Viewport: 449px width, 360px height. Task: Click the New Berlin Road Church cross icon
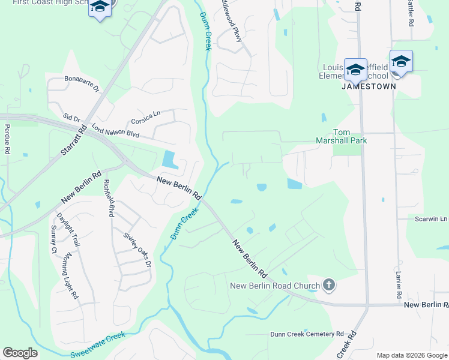(328, 284)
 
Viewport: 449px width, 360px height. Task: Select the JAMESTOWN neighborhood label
(369, 86)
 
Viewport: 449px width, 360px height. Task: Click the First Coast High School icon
(100, 8)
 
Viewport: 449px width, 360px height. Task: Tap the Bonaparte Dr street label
(82, 82)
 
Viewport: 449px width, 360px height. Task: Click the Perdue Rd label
(8, 139)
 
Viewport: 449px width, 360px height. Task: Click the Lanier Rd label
(398, 284)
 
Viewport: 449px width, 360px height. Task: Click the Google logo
(20, 353)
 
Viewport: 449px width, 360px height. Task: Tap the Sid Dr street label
(71, 118)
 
